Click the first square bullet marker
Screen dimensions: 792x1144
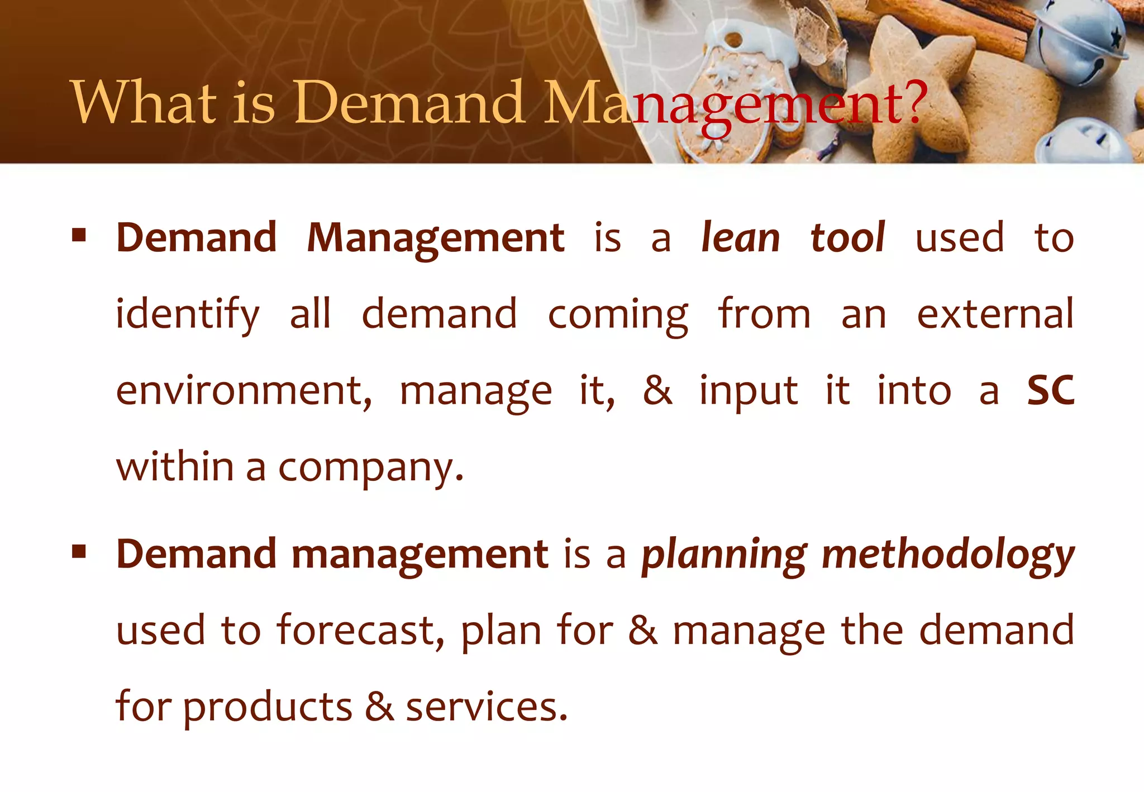(x=79, y=235)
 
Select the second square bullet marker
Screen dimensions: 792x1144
(x=79, y=552)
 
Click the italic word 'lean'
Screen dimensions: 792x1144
(x=740, y=238)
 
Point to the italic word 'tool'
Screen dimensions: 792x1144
(x=847, y=238)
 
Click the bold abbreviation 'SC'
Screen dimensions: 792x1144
(x=1051, y=390)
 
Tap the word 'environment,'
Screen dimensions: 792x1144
(x=244, y=390)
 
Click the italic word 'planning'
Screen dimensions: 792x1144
(x=724, y=556)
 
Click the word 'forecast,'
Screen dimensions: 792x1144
(x=361, y=631)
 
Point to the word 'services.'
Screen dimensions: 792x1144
(x=487, y=707)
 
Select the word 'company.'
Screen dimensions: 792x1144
(x=371, y=468)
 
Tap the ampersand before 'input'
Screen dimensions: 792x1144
(x=657, y=390)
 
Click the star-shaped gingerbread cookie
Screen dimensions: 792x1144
(x=916, y=73)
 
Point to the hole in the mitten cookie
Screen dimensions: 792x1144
(x=733, y=40)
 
